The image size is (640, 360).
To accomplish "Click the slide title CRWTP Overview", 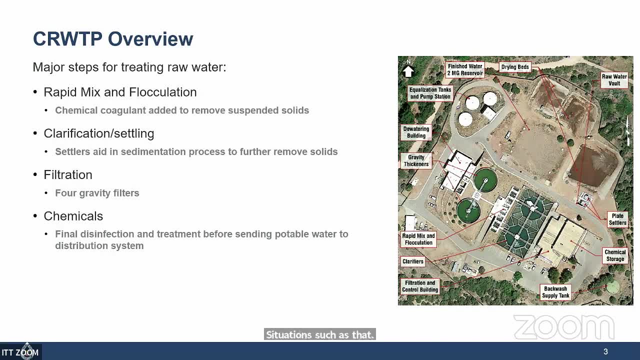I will [x=113, y=39].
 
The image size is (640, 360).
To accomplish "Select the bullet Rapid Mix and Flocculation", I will [x=120, y=92].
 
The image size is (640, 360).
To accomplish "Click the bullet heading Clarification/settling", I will [x=98, y=133].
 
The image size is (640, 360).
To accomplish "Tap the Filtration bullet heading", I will [x=68, y=174].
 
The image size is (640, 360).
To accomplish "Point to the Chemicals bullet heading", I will [x=73, y=216].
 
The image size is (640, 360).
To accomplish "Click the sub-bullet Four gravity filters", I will [x=97, y=193].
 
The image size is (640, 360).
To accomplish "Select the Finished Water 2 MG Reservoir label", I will [x=465, y=69].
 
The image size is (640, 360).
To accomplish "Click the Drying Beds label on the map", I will [x=515, y=67].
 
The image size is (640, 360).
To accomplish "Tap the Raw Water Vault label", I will [x=614, y=80].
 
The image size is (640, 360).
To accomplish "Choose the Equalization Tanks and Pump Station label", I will [x=430, y=93].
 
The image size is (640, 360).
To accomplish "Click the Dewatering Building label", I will [x=416, y=132].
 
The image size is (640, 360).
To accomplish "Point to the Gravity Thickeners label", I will [x=416, y=160].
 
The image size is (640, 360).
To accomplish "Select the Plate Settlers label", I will [x=617, y=219].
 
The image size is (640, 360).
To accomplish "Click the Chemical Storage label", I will [x=614, y=255].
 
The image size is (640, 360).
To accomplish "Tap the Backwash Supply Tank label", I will [x=555, y=292].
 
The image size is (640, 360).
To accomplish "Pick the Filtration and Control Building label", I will [x=419, y=286].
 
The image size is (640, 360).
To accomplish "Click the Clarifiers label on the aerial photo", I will [x=412, y=261].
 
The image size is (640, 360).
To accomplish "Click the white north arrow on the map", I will [x=408, y=70].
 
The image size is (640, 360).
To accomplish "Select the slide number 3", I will [x=605, y=351].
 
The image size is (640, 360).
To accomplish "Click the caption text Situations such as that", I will [x=320, y=335].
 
